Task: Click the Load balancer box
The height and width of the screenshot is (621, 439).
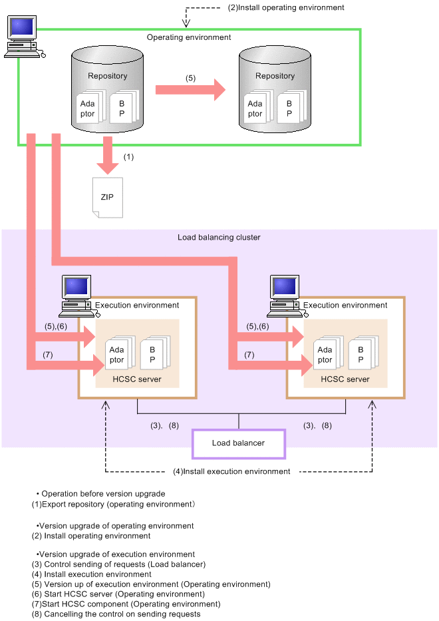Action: (x=238, y=443)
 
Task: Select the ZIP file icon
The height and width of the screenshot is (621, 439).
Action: (x=107, y=197)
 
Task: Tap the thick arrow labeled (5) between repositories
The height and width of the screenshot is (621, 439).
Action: (x=190, y=91)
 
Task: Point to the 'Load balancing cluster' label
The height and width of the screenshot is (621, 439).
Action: (x=219, y=237)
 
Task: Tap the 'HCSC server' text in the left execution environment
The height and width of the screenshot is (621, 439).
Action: (x=138, y=379)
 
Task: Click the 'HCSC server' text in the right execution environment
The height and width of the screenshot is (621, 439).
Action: (x=345, y=379)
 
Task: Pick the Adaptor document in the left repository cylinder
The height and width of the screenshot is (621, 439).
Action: (x=88, y=108)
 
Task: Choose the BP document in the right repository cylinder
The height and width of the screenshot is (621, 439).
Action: (x=289, y=108)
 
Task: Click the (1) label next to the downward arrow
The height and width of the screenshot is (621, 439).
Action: (x=128, y=157)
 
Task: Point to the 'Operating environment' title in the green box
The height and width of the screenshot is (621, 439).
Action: (x=189, y=37)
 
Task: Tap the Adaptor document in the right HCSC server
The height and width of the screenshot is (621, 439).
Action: (x=325, y=354)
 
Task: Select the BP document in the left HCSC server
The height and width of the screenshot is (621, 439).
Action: (x=152, y=354)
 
